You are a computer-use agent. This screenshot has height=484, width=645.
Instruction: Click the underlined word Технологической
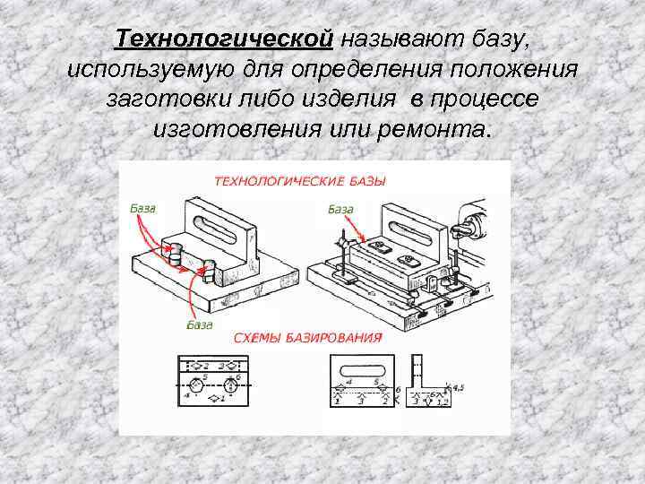pyautogui.click(x=225, y=40)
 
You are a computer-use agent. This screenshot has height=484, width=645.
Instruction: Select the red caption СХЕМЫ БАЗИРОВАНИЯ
pyautogui.click(x=307, y=337)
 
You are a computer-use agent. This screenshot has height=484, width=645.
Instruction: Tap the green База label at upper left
pyautogui.click(x=142, y=208)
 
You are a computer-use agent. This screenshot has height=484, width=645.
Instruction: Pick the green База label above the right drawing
pyautogui.click(x=340, y=209)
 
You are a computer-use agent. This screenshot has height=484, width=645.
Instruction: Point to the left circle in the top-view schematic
pyautogui.click(x=193, y=385)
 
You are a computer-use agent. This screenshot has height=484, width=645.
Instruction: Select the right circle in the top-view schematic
pyautogui.click(x=232, y=385)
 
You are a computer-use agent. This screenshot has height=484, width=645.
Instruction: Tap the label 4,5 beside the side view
pyautogui.click(x=460, y=387)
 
